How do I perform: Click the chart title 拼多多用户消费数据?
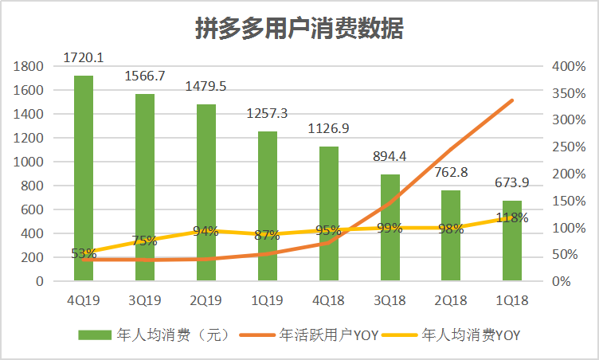299,28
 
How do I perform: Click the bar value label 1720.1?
84,57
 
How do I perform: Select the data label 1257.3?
268,112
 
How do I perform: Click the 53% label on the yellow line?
84,254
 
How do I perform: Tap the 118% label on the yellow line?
512,217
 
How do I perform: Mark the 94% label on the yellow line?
206,232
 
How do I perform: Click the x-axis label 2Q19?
206,301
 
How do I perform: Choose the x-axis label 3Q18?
390,301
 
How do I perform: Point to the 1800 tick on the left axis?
29,66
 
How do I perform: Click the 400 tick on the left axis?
33,233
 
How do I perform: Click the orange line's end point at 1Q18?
512,100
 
